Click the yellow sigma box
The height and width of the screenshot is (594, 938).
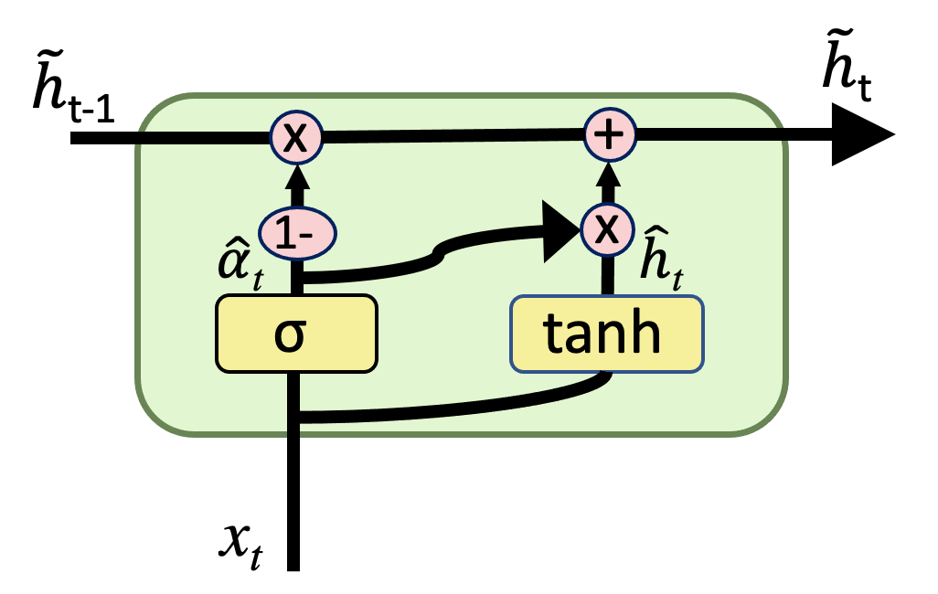296,334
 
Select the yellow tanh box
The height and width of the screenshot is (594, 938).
607,335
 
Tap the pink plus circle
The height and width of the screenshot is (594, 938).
609,136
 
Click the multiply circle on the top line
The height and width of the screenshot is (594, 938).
295,139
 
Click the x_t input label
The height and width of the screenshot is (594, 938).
240,545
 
